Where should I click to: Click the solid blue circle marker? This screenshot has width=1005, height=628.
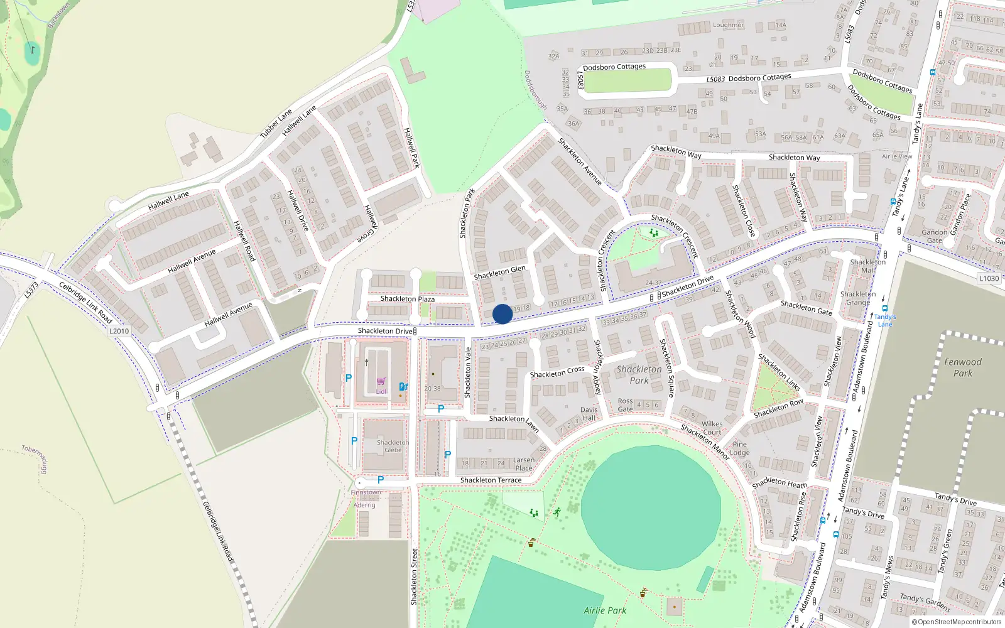[x=503, y=314]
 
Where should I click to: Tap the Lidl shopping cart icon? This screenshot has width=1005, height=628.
[x=381, y=381]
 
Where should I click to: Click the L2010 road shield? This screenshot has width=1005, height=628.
[x=119, y=331]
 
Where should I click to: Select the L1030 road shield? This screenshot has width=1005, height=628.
[x=989, y=278]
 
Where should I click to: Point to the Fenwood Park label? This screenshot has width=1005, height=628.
[x=962, y=367]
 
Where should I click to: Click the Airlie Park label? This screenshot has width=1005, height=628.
[x=605, y=610]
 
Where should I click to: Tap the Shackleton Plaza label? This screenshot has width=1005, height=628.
[x=407, y=299]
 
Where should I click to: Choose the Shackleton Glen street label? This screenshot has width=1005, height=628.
[x=499, y=273]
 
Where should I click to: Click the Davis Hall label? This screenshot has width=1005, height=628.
[x=589, y=414]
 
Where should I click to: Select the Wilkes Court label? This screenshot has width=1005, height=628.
[x=712, y=428]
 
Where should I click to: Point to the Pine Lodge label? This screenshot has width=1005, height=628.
[x=739, y=448]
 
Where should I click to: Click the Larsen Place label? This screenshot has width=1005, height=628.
[x=524, y=464]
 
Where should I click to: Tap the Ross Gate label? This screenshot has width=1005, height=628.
[x=625, y=405]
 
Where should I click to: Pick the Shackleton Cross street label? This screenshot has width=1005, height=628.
[x=557, y=372]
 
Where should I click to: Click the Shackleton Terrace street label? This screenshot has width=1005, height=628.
[x=491, y=480]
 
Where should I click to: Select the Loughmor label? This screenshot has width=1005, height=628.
[x=728, y=25]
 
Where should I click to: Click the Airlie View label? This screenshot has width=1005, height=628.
[x=896, y=156]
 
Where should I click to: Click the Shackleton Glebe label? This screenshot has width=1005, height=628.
[x=393, y=446]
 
